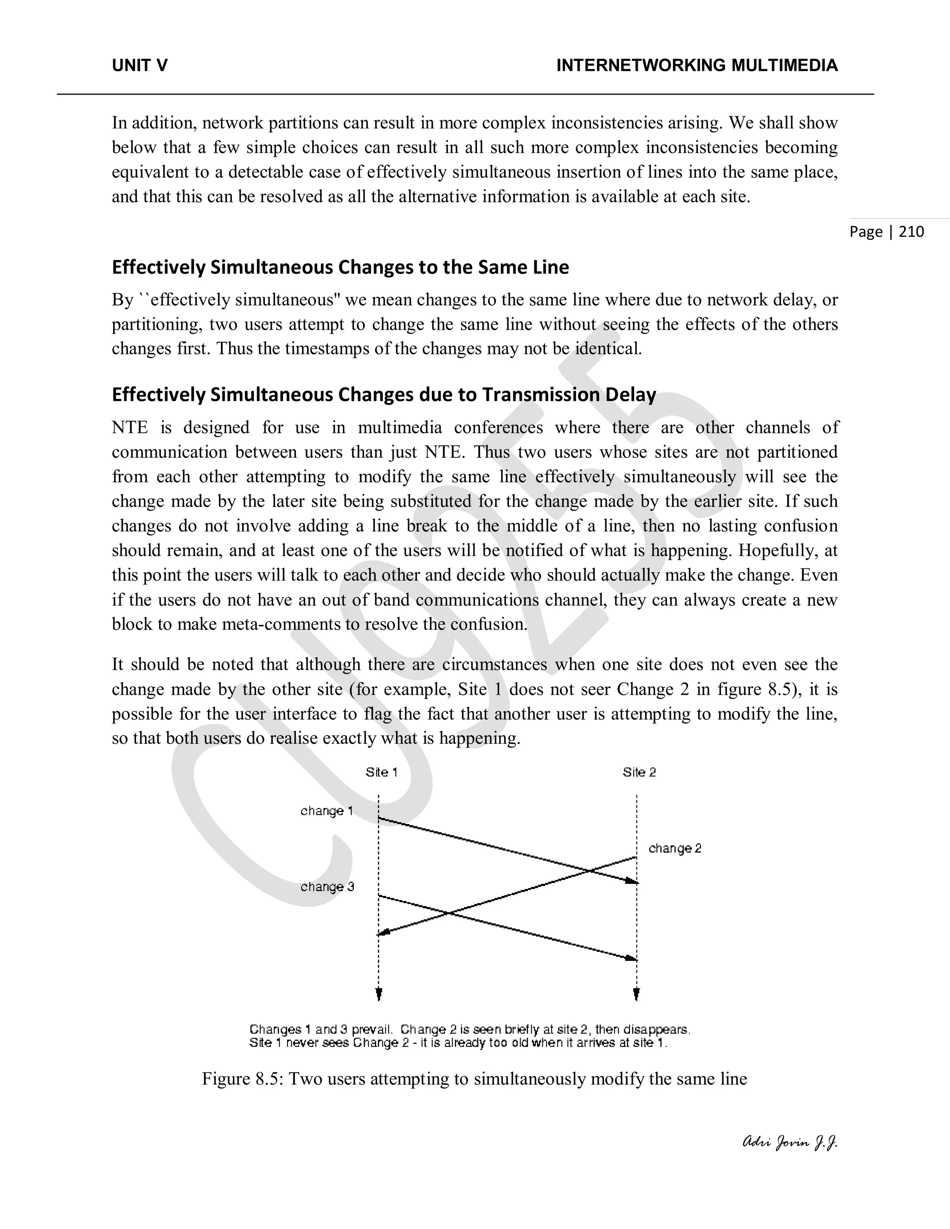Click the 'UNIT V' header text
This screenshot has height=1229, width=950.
(x=140, y=66)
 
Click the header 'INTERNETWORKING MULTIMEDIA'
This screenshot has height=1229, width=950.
(x=697, y=66)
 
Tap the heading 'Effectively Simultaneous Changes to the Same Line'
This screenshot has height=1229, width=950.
(x=340, y=267)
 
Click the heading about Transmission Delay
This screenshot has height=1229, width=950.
(x=384, y=395)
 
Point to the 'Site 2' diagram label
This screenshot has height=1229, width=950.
(x=639, y=772)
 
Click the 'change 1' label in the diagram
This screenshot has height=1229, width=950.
(x=327, y=811)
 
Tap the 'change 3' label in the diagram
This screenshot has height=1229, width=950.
(x=327, y=887)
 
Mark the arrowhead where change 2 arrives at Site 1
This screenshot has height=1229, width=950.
(x=382, y=934)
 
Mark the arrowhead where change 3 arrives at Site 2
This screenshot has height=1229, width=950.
(x=631, y=958)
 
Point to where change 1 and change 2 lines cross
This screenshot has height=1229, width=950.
(x=589, y=871)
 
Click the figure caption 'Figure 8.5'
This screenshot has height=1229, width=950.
(x=474, y=1079)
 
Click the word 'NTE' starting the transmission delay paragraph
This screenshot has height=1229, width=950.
(x=129, y=428)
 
